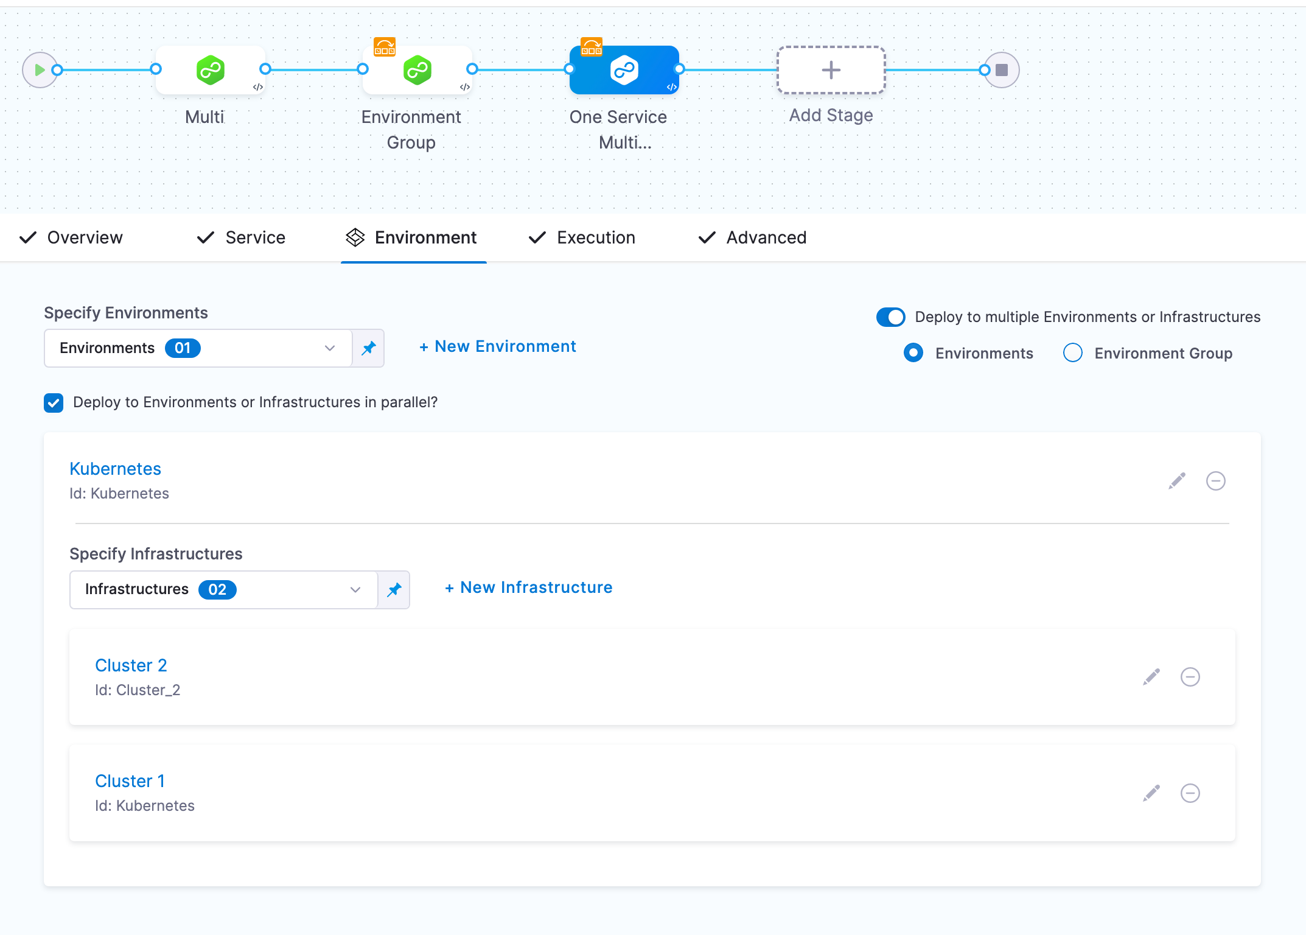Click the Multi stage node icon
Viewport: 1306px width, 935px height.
[210, 70]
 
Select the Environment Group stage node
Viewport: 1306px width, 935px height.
[417, 70]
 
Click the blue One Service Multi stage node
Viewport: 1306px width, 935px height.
[624, 70]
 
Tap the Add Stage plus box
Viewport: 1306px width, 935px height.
[831, 70]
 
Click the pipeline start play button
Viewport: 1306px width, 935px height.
[39, 70]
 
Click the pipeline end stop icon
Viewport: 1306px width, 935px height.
[1002, 70]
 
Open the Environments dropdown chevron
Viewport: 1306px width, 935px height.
[330, 348]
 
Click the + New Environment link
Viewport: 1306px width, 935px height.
[498, 346]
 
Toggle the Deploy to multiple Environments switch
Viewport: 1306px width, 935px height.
[890, 317]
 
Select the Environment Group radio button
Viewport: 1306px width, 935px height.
[1072, 353]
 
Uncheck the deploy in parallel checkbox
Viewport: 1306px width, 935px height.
[54, 402]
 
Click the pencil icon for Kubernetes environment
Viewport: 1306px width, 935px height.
[1177, 481]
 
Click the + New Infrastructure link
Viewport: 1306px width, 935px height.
[529, 587]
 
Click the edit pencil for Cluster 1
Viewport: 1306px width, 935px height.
[1151, 793]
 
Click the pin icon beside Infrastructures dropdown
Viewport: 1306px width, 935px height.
[394, 589]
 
